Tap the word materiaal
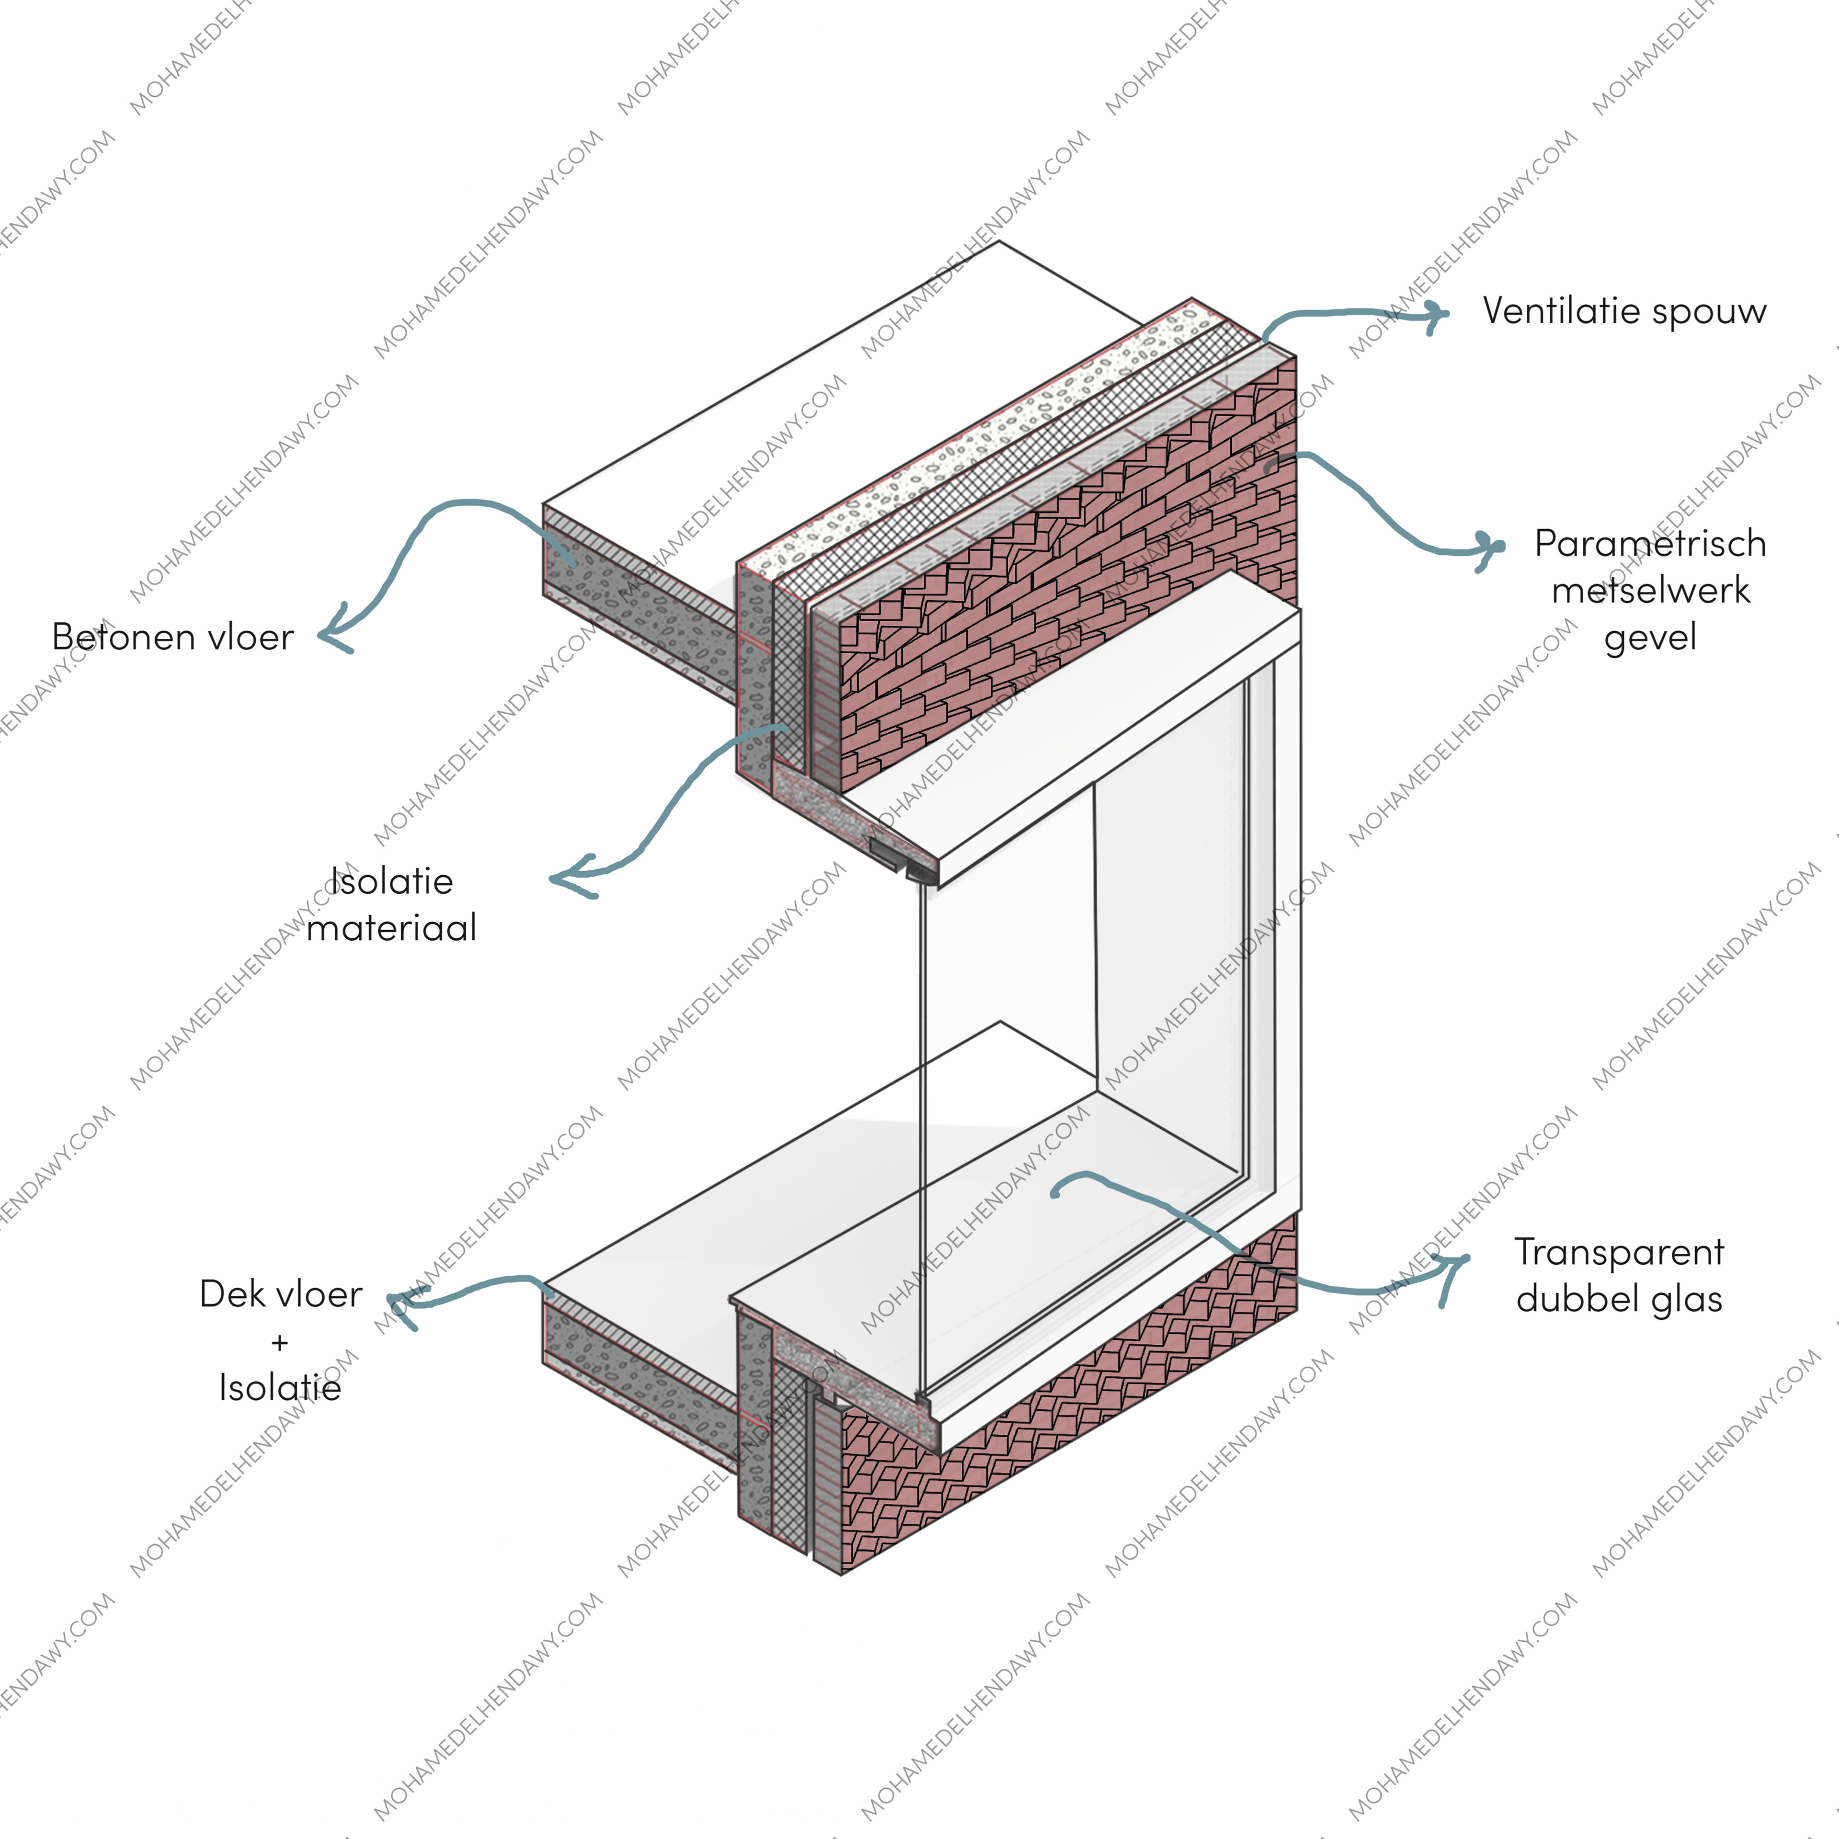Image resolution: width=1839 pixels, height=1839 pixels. point(391,927)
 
